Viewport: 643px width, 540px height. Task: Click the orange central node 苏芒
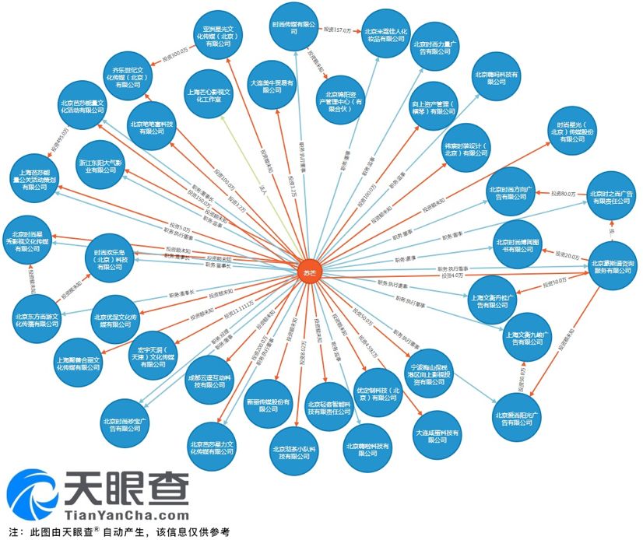pos(308,272)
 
